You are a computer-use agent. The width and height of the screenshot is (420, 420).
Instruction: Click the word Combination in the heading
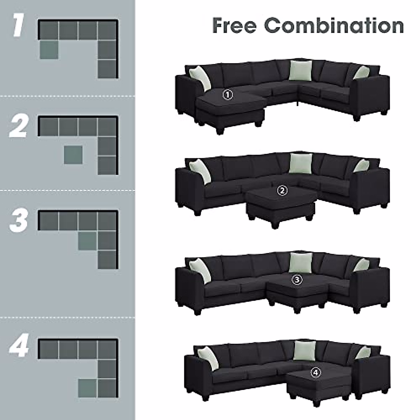click(334, 26)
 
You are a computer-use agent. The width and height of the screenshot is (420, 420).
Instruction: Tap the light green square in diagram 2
click(73, 155)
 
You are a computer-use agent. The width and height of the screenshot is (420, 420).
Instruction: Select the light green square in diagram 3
click(87, 241)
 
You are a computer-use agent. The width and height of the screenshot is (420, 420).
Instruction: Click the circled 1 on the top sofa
click(227, 94)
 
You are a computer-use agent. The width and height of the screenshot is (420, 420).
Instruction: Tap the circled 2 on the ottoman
click(282, 191)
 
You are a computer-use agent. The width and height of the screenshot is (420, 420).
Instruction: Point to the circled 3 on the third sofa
click(297, 279)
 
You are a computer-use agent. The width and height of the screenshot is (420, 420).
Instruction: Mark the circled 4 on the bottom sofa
click(315, 373)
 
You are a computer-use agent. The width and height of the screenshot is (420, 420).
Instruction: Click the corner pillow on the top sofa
click(300, 70)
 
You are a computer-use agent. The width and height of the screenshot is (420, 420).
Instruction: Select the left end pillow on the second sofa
click(201, 171)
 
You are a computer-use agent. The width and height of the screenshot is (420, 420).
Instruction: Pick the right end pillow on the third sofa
click(361, 265)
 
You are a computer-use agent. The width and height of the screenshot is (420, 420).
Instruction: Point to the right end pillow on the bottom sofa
click(363, 352)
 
